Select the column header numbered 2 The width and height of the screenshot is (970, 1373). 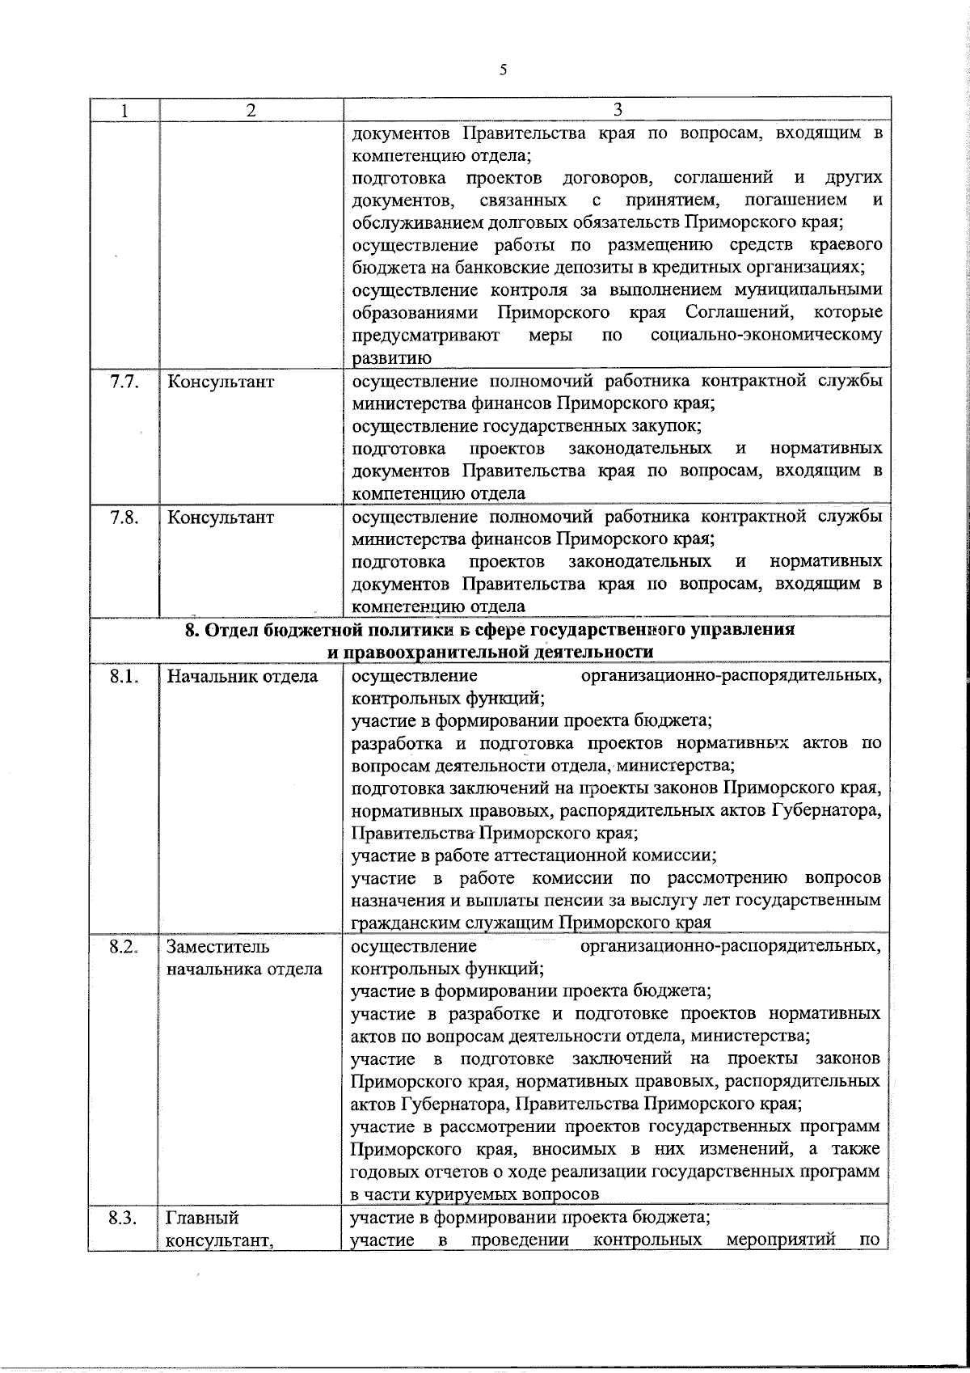[251, 111]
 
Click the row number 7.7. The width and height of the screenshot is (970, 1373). [124, 382]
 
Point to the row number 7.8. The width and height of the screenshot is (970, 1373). [124, 518]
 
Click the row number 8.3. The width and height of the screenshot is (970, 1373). [124, 1218]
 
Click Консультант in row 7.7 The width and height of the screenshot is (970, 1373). [220, 382]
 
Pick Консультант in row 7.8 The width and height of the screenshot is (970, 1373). [220, 518]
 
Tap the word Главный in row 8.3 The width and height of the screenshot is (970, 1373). [202, 1218]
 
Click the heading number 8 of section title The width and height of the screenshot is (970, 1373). [191, 631]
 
